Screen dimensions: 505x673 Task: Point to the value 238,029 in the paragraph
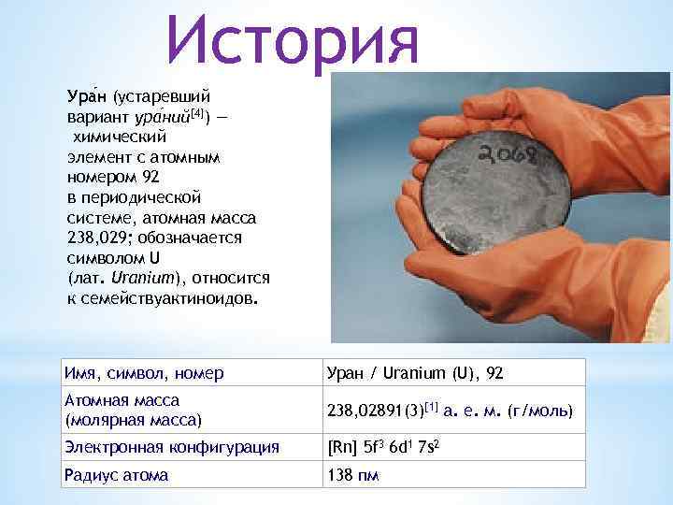tap(93, 238)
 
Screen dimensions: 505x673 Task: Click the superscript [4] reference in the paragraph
tap(201, 113)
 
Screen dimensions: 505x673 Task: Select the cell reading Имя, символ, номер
tap(144, 373)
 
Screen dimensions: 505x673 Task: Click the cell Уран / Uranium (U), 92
tap(415, 373)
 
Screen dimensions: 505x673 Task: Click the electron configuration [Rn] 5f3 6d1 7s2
tap(384, 447)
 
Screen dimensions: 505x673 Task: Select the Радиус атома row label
tap(116, 475)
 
